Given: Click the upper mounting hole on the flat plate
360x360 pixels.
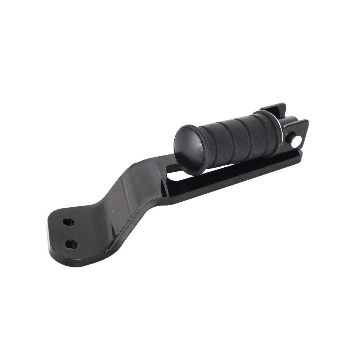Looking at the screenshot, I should click(x=68, y=222).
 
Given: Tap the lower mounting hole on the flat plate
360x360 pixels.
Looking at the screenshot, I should click(x=71, y=244).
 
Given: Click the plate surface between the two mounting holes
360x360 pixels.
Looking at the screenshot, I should click(x=70, y=233).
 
